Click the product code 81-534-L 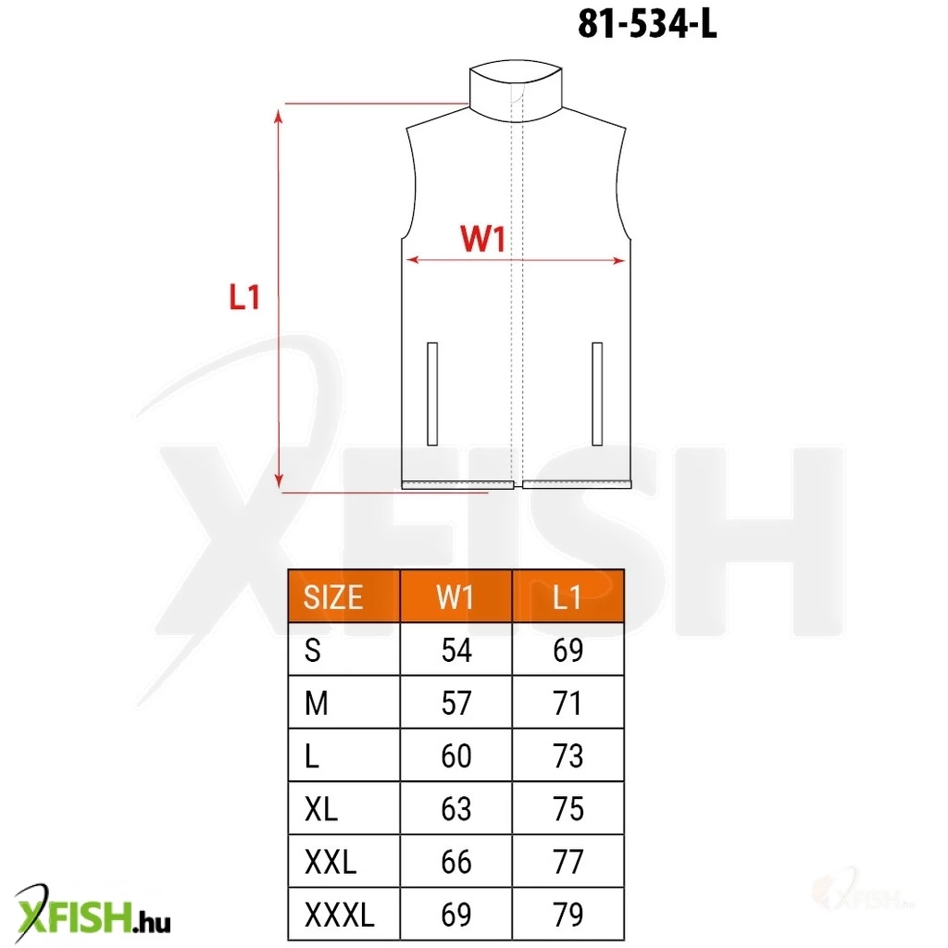click(x=647, y=25)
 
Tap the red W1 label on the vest click(x=482, y=238)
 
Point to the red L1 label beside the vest click(x=244, y=297)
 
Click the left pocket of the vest click(x=432, y=393)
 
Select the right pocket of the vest click(x=597, y=393)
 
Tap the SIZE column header click(x=333, y=597)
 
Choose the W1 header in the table click(x=455, y=597)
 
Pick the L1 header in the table click(x=568, y=597)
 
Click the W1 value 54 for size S click(x=456, y=651)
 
